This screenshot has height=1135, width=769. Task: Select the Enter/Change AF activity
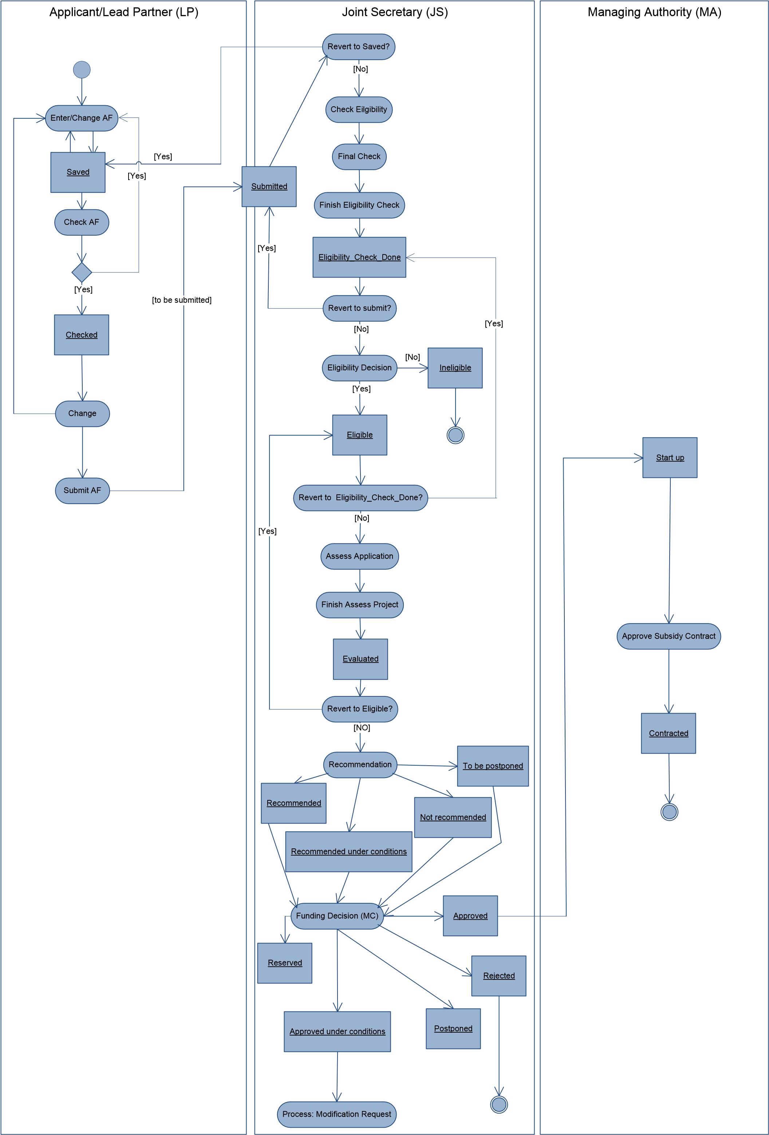82,118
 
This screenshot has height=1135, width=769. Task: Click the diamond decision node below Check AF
82,272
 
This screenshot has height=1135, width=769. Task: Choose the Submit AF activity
82,490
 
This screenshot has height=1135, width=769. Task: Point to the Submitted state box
269,186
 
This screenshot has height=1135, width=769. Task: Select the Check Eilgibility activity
359,109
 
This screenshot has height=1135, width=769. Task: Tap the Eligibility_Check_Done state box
359,258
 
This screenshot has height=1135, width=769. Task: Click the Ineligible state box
455,368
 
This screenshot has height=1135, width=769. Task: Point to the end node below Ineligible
456,435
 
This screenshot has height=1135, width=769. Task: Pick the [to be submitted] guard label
182,300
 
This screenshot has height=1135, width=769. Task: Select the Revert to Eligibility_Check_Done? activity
360,498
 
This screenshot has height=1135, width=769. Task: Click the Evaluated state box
360,659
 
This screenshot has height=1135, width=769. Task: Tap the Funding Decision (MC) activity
337,916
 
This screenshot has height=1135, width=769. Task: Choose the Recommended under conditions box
348,851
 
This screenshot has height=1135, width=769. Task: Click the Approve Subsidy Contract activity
669,636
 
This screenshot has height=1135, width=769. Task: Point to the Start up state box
670,457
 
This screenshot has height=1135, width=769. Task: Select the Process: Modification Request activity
337,1114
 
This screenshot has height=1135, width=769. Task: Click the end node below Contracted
669,812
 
